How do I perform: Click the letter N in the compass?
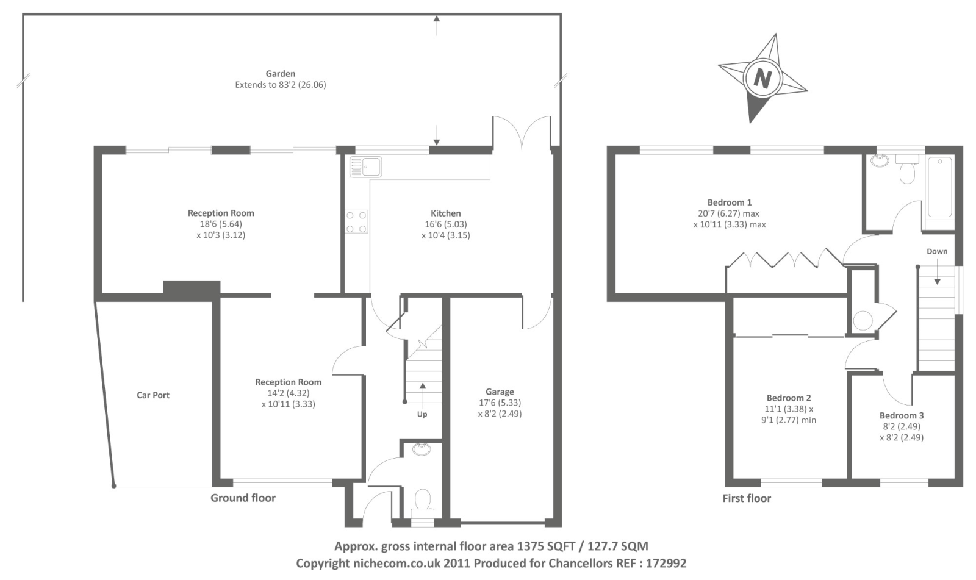762,79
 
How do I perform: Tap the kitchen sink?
365,167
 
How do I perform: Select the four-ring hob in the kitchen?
356,222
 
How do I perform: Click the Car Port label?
153,395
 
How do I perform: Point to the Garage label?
500,392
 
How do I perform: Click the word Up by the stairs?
422,414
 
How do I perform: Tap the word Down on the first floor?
937,251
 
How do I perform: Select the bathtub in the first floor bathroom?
940,187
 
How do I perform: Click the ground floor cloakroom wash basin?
422,449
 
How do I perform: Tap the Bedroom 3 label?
902,415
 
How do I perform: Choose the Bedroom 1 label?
730,202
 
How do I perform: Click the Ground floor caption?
243,498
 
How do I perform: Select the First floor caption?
747,498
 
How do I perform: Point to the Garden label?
281,74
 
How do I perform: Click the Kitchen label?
446,213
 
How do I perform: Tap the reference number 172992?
666,564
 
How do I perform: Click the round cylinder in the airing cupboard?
863,321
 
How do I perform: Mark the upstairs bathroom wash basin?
880,161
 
